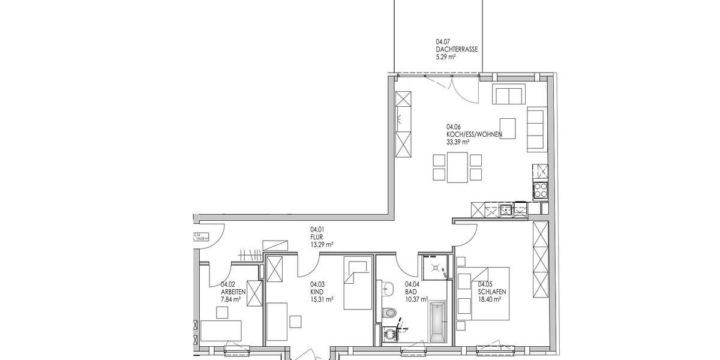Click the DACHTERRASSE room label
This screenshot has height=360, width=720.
point(457,50)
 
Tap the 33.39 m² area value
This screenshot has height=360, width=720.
point(457,142)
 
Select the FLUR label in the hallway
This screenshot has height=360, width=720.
point(316,236)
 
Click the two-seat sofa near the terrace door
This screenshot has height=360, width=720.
point(508,95)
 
